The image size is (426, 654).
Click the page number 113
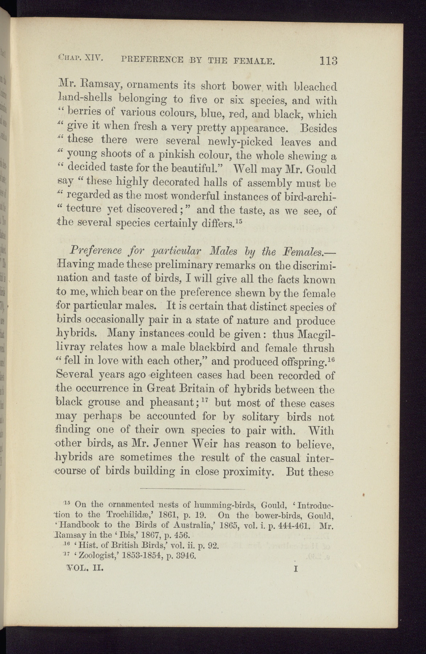click(328, 60)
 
